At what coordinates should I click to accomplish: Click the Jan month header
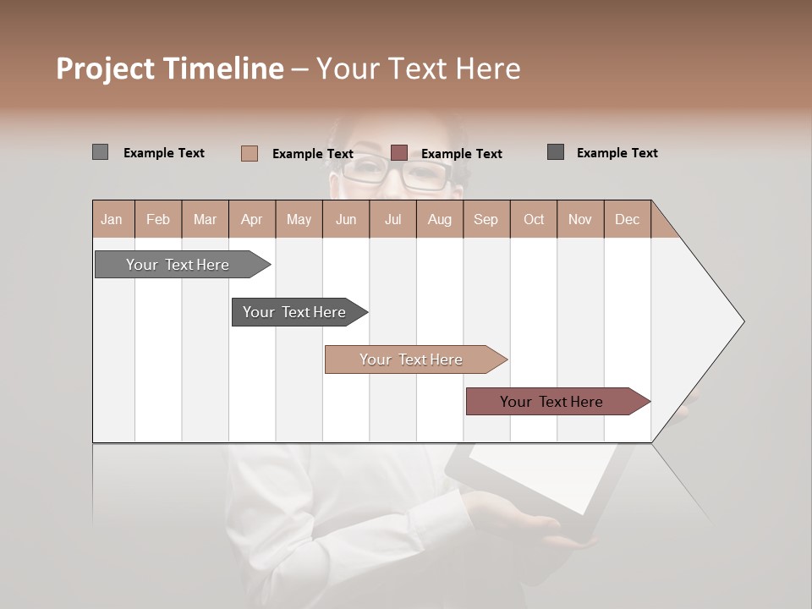coord(112,219)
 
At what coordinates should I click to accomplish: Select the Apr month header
coord(251,219)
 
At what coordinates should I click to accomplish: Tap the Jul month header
coord(392,219)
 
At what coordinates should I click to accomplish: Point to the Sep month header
coord(486,219)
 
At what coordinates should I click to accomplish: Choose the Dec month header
coord(627,219)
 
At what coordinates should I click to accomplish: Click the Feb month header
coord(158,219)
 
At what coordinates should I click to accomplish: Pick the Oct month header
coord(534,219)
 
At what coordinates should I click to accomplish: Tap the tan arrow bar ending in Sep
coord(413,359)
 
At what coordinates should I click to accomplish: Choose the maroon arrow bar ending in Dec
coord(554,402)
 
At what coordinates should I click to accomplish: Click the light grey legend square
coord(100,152)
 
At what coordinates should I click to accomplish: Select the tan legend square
coord(249,153)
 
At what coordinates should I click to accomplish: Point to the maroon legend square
coord(399,153)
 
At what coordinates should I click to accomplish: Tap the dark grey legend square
coord(556,152)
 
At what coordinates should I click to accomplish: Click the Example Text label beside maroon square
coord(461,154)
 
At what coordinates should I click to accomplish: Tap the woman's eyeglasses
coord(398,173)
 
